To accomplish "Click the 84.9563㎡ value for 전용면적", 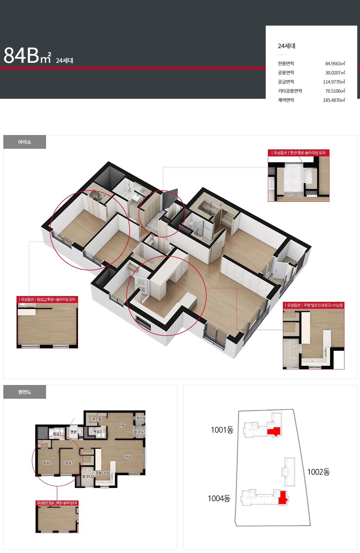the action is coord(335,63).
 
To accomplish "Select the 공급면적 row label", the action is coord(286,82).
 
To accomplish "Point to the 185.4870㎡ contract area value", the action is coord(334,100).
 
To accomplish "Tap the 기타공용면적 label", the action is coord(290,91).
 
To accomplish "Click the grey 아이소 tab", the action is coord(25,142).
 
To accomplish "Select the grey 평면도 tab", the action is coord(25,392).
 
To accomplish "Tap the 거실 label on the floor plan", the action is coord(128,457).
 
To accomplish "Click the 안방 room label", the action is coord(122,426).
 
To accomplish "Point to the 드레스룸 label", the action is coord(95,419).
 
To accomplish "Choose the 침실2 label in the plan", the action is coord(47,462).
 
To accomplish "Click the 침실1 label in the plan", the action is coord(69,462).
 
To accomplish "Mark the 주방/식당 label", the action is coord(103,473).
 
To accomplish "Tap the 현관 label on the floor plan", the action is coord(74,432).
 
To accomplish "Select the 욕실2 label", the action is coord(97,431).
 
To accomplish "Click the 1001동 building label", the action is coord(222,430).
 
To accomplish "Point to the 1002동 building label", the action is coord(319,472).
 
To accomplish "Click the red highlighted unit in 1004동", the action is coord(283,498).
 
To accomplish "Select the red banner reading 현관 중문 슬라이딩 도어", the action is coord(299,153).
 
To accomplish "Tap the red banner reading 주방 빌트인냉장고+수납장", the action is coord(314,305).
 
